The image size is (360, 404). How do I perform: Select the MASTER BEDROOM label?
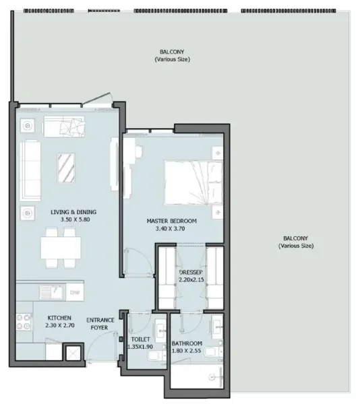click(172, 221)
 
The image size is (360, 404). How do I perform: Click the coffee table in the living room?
click(67, 168)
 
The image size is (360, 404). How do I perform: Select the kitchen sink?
click(49, 292)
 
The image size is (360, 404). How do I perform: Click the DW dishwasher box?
click(75, 292)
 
